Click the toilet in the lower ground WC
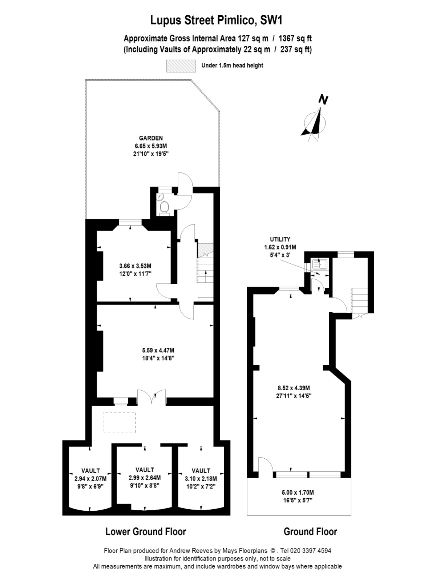164,207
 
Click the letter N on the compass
323,99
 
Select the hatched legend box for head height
181,66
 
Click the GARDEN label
151,138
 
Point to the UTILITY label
280,239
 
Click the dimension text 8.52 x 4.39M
294,388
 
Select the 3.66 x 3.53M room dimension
135,266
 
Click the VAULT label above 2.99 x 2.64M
145,470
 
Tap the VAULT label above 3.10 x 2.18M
201,471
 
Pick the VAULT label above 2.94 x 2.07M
90,471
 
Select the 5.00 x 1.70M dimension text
298,493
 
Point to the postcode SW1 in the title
271,20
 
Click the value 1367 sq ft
295,39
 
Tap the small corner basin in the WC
161,197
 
